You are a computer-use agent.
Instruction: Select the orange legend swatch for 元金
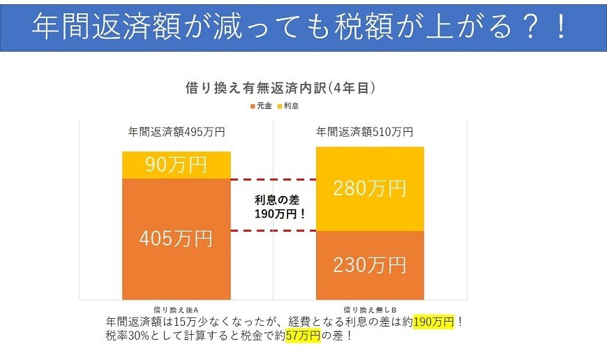[x=253, y=105]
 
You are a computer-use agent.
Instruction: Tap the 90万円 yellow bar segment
[x=176, y=165]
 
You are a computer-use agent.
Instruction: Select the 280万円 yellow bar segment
[x=370, y=188]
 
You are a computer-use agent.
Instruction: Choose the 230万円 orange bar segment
[x=370, y=265]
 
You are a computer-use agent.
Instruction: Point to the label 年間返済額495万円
[x=176, y=131]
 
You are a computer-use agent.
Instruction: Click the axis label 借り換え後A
[x=177, y=308]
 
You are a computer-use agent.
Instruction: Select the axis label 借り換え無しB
[x=370, y=308]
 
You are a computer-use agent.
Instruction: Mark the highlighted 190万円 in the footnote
[x=433, y=322]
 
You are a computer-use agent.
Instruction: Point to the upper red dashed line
[x=273, y=179]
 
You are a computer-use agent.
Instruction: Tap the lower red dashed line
[x=273, y=231]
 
